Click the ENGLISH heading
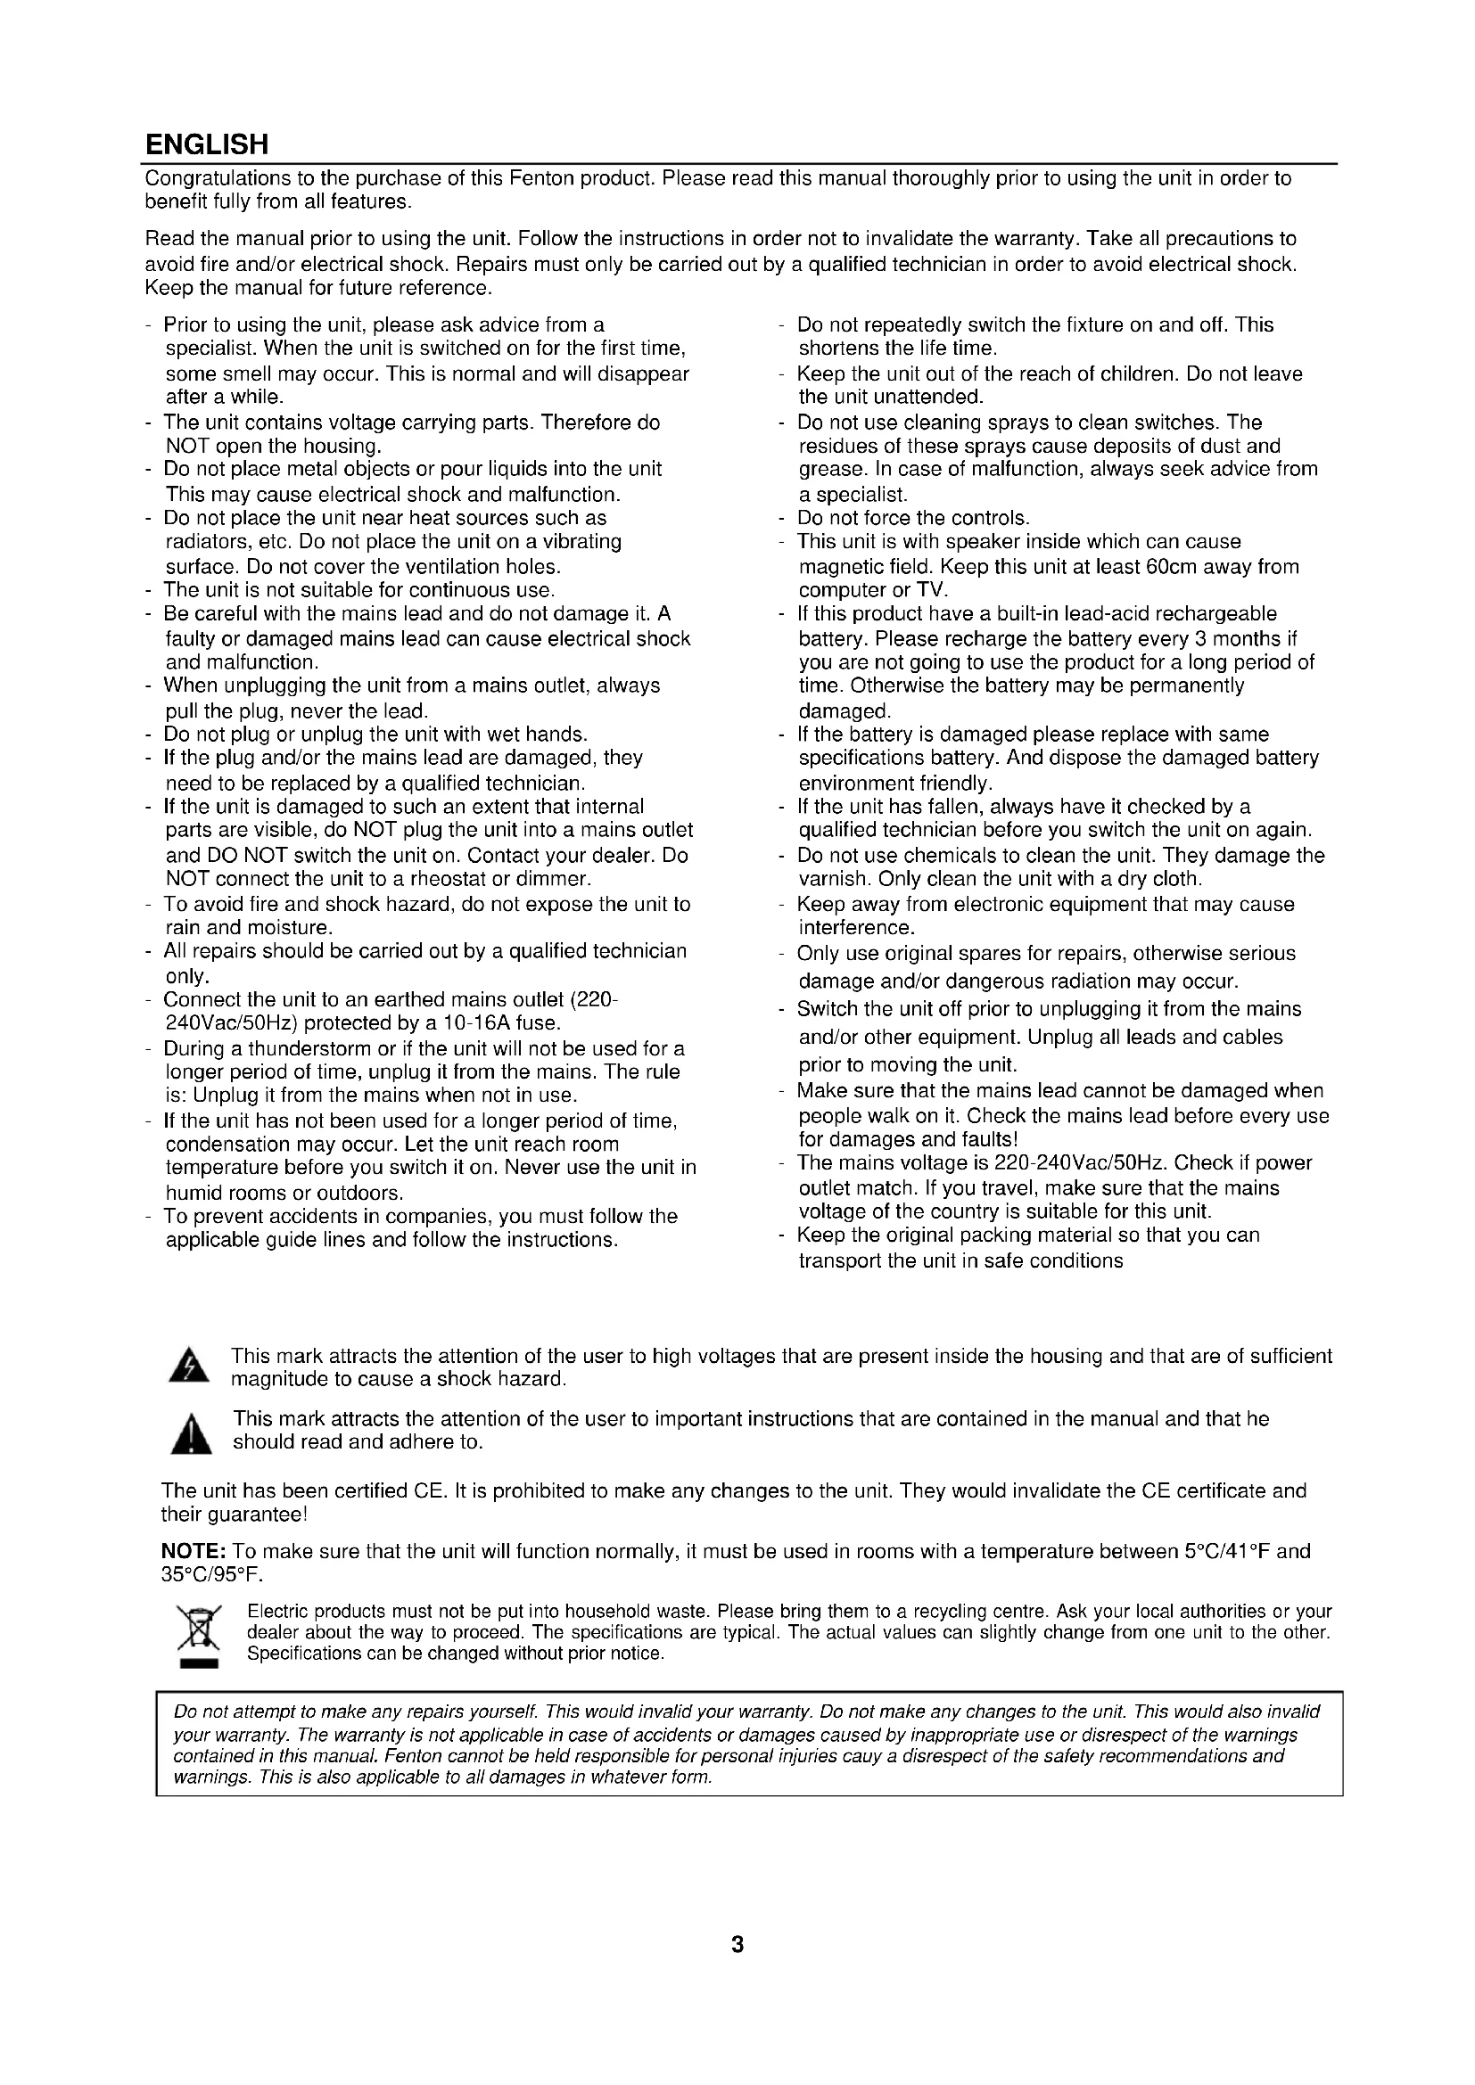(207, 144)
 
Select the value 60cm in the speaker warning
(1185, 567)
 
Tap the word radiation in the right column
(1099, 981)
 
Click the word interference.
(854, 928)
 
